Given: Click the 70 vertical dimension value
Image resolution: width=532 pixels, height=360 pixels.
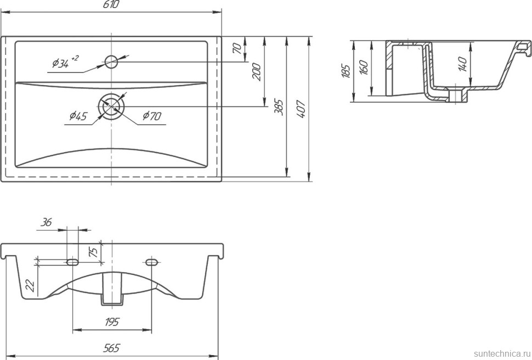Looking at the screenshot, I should pos(237,48).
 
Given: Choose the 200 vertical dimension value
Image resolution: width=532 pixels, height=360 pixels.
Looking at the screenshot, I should pos(257,71).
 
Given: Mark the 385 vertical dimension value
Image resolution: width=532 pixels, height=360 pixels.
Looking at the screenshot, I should pos(279,107).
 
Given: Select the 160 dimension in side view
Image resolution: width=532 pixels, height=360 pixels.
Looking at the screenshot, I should pos(364,68).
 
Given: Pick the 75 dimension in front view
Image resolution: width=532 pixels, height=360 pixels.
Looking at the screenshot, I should pos(94,252).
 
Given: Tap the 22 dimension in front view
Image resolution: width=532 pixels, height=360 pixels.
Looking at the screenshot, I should pos(30,285).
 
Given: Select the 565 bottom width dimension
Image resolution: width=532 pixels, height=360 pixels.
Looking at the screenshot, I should pos(111,348).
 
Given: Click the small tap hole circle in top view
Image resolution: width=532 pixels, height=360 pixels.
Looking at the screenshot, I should pos(111,60).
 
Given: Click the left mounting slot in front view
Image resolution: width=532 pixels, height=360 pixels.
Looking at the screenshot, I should pos(72,262).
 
